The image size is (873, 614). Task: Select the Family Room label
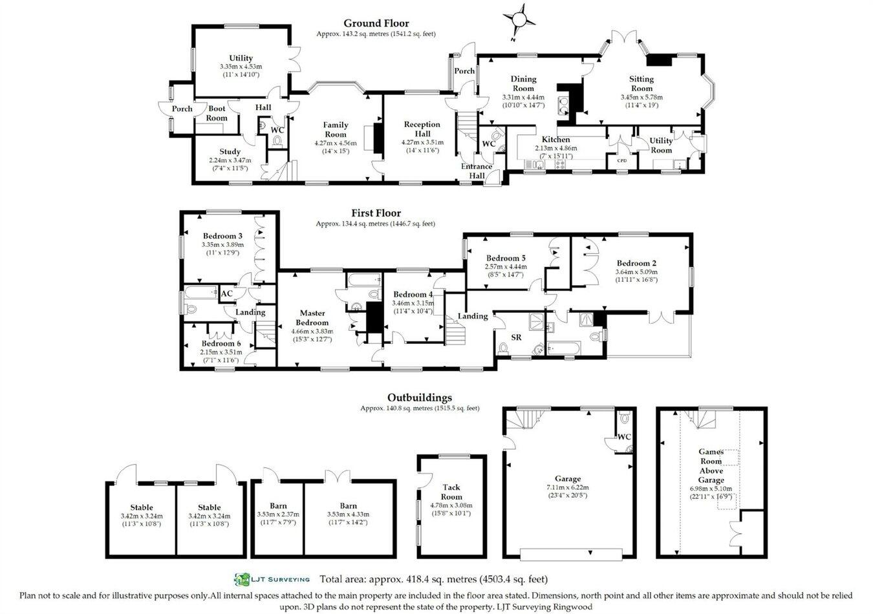(336, 129)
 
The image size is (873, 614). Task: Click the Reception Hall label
(422, 129)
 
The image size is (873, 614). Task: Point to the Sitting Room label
(641, 83)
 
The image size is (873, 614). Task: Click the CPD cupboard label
(622, 161)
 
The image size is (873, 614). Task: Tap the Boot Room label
(217, 114)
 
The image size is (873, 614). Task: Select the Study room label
(230, 152)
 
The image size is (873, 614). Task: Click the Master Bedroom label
(312, 317)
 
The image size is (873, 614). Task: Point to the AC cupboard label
(227, 294)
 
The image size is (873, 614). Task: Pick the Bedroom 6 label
(221, 343)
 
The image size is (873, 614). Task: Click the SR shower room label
(516, 337)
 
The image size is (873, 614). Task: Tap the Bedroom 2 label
(636, 263)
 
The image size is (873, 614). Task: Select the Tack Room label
(451, 492)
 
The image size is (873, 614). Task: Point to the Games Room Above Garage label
(711, 465)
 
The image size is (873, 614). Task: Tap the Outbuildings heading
(419, 397)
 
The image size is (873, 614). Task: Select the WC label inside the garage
(624, 437)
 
